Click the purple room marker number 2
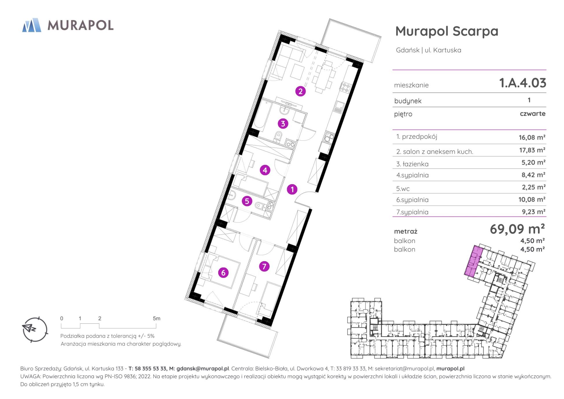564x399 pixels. (300, 91)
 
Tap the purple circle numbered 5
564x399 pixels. (247, 201)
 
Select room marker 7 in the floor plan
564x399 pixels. (264, 266)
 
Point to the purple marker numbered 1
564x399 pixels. (292, 189)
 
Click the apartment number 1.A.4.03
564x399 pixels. (523, 83)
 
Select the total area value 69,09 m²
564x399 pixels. (517, 229)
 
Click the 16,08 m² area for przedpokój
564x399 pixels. (532, 137)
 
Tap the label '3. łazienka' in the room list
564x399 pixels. (412, 164)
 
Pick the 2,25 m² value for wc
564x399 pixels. (533, 187)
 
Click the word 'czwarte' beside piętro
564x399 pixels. (532, 114)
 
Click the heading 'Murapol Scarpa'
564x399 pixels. (447, 31)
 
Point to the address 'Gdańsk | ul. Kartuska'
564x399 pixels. (429, 50)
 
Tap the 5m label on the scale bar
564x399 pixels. (156, 319)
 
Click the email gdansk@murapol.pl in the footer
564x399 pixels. (203, 369)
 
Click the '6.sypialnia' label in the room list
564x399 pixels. (412, 200)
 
